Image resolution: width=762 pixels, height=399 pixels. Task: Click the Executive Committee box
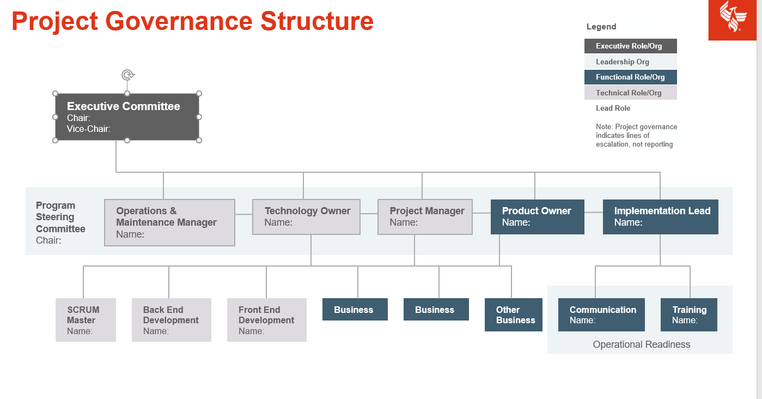127,117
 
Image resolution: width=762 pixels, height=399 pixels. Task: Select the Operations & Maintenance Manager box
169,222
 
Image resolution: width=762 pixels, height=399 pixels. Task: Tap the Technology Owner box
306,216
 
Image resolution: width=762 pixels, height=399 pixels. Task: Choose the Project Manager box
425,216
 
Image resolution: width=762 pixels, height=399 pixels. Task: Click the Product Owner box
537,216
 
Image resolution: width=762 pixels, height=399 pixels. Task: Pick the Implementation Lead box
660,216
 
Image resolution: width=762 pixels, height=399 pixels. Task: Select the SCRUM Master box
86,320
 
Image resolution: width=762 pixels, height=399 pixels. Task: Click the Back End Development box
171,320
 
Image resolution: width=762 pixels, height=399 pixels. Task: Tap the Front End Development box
266,320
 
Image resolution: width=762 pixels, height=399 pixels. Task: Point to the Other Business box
513,315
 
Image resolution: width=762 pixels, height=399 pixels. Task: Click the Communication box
601,315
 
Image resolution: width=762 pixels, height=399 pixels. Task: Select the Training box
688,315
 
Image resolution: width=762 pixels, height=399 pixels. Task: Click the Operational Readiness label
641,344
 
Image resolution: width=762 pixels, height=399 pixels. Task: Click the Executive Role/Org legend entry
630,46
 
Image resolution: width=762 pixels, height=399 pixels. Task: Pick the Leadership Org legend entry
630,62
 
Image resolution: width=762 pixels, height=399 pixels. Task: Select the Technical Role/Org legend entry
630,93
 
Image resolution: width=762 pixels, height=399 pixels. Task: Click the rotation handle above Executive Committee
127,75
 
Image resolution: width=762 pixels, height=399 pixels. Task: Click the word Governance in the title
179,21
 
